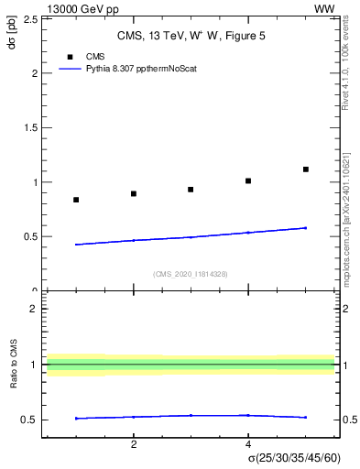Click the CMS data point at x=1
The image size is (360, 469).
(76, 200)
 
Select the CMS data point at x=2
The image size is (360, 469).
(134, 193)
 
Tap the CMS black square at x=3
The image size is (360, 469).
(191, 190)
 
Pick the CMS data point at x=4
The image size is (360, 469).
(248, 180)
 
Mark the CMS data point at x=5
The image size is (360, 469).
(306, 169)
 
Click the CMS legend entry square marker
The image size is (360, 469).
(70, 57)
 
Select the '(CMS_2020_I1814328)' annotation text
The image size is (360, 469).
(191, 274)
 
